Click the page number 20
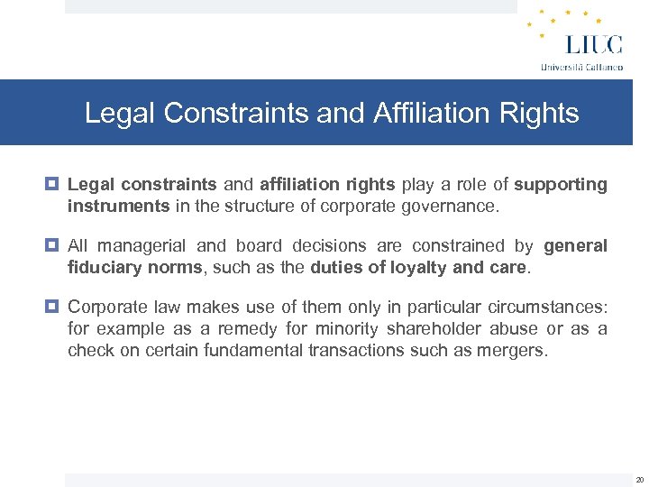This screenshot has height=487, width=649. (x=639, y=480)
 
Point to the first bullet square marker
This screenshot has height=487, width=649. (x=53, y=185)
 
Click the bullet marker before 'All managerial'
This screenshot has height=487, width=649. (x=53, y=246)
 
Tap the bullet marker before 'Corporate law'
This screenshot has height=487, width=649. (x=53, y=306)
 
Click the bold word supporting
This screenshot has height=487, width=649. (x=561, y=185)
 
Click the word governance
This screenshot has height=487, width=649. (x=448, y=206)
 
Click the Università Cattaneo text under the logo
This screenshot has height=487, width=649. (x=581, y=67)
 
